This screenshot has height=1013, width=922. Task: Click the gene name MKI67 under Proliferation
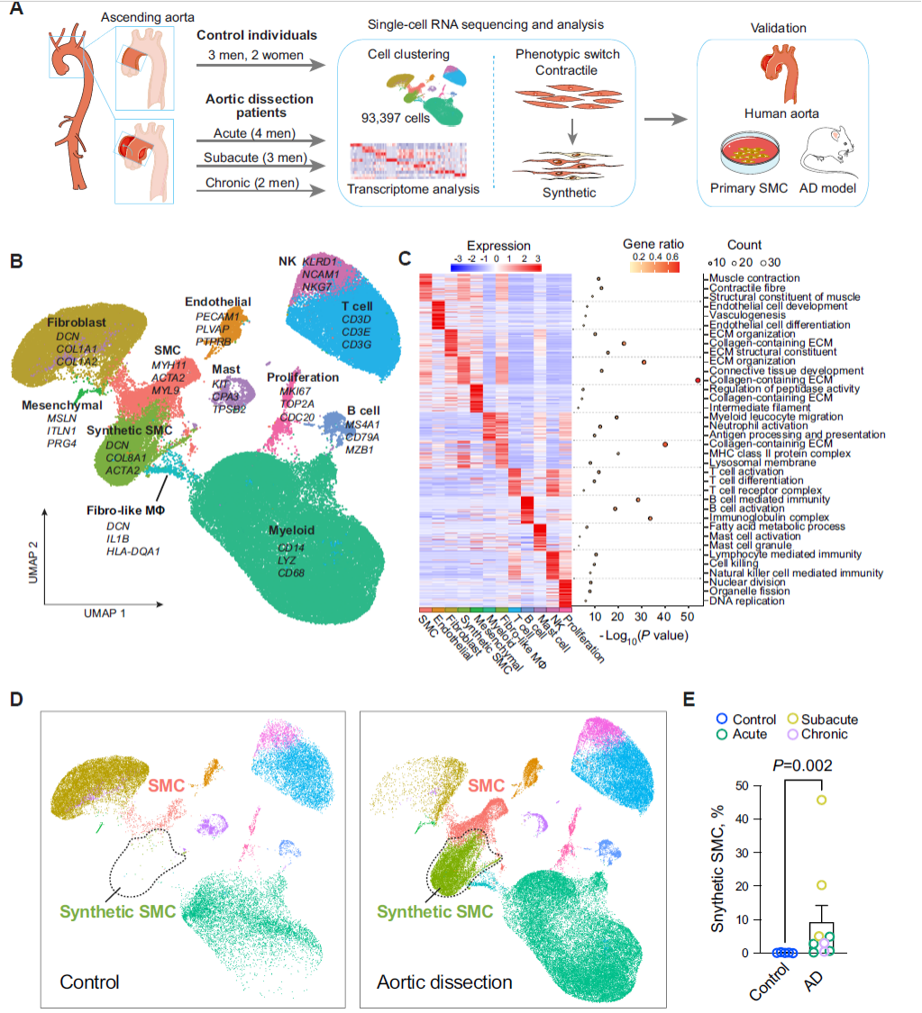coord(294,392)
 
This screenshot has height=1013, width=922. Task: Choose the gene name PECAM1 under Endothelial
coord(216,317)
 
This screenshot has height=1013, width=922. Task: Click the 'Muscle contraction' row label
coord(753,278)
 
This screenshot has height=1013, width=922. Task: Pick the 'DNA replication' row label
coord(746,601)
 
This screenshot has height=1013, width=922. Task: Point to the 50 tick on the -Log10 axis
coord(687,617)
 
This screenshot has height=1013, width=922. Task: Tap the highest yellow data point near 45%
coord(822,800)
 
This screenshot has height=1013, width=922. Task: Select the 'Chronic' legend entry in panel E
coord(824,734)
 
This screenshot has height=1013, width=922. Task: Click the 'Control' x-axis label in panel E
coord(769,981)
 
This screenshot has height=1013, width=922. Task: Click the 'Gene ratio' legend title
coord(653,244)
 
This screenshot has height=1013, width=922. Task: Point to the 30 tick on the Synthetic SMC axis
coord(743,853)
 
